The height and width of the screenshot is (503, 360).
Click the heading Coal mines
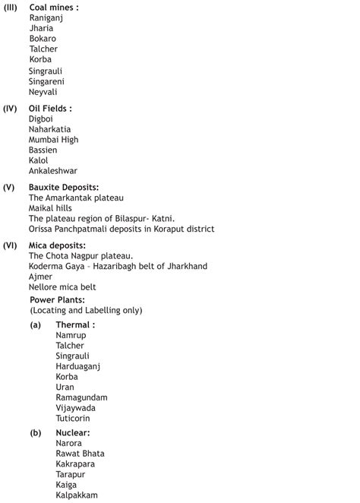[x=53, y=7]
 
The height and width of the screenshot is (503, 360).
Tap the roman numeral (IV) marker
[x=11, y=109]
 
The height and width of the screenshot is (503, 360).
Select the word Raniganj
[x=47, y=17]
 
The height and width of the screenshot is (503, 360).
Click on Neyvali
[x=43, y=92]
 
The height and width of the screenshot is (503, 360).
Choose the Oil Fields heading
[x=50, y=109]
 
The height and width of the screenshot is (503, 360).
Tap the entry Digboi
[x=41, y=119]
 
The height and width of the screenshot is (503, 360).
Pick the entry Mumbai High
[x=53, y=140]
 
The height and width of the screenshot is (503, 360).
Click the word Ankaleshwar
[x=53, y=171]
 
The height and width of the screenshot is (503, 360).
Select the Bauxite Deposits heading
[x=64, y=187]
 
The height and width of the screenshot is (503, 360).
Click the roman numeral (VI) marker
[x=11, y=245]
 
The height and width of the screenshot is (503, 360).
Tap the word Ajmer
[x=41, y=277]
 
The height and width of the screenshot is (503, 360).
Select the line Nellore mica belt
[x=62, y=287]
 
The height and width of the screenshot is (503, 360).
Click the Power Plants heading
[x=57, y=300]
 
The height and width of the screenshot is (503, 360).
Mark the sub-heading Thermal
[x=75, y=324]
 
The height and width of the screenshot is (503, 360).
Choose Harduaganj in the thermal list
[x=77, y=366]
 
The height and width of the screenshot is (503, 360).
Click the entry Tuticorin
[x=73, y=418]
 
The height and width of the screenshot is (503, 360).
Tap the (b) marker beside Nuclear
[x=36, y=432]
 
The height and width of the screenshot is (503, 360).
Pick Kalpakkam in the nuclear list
[x=77, y=495]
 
